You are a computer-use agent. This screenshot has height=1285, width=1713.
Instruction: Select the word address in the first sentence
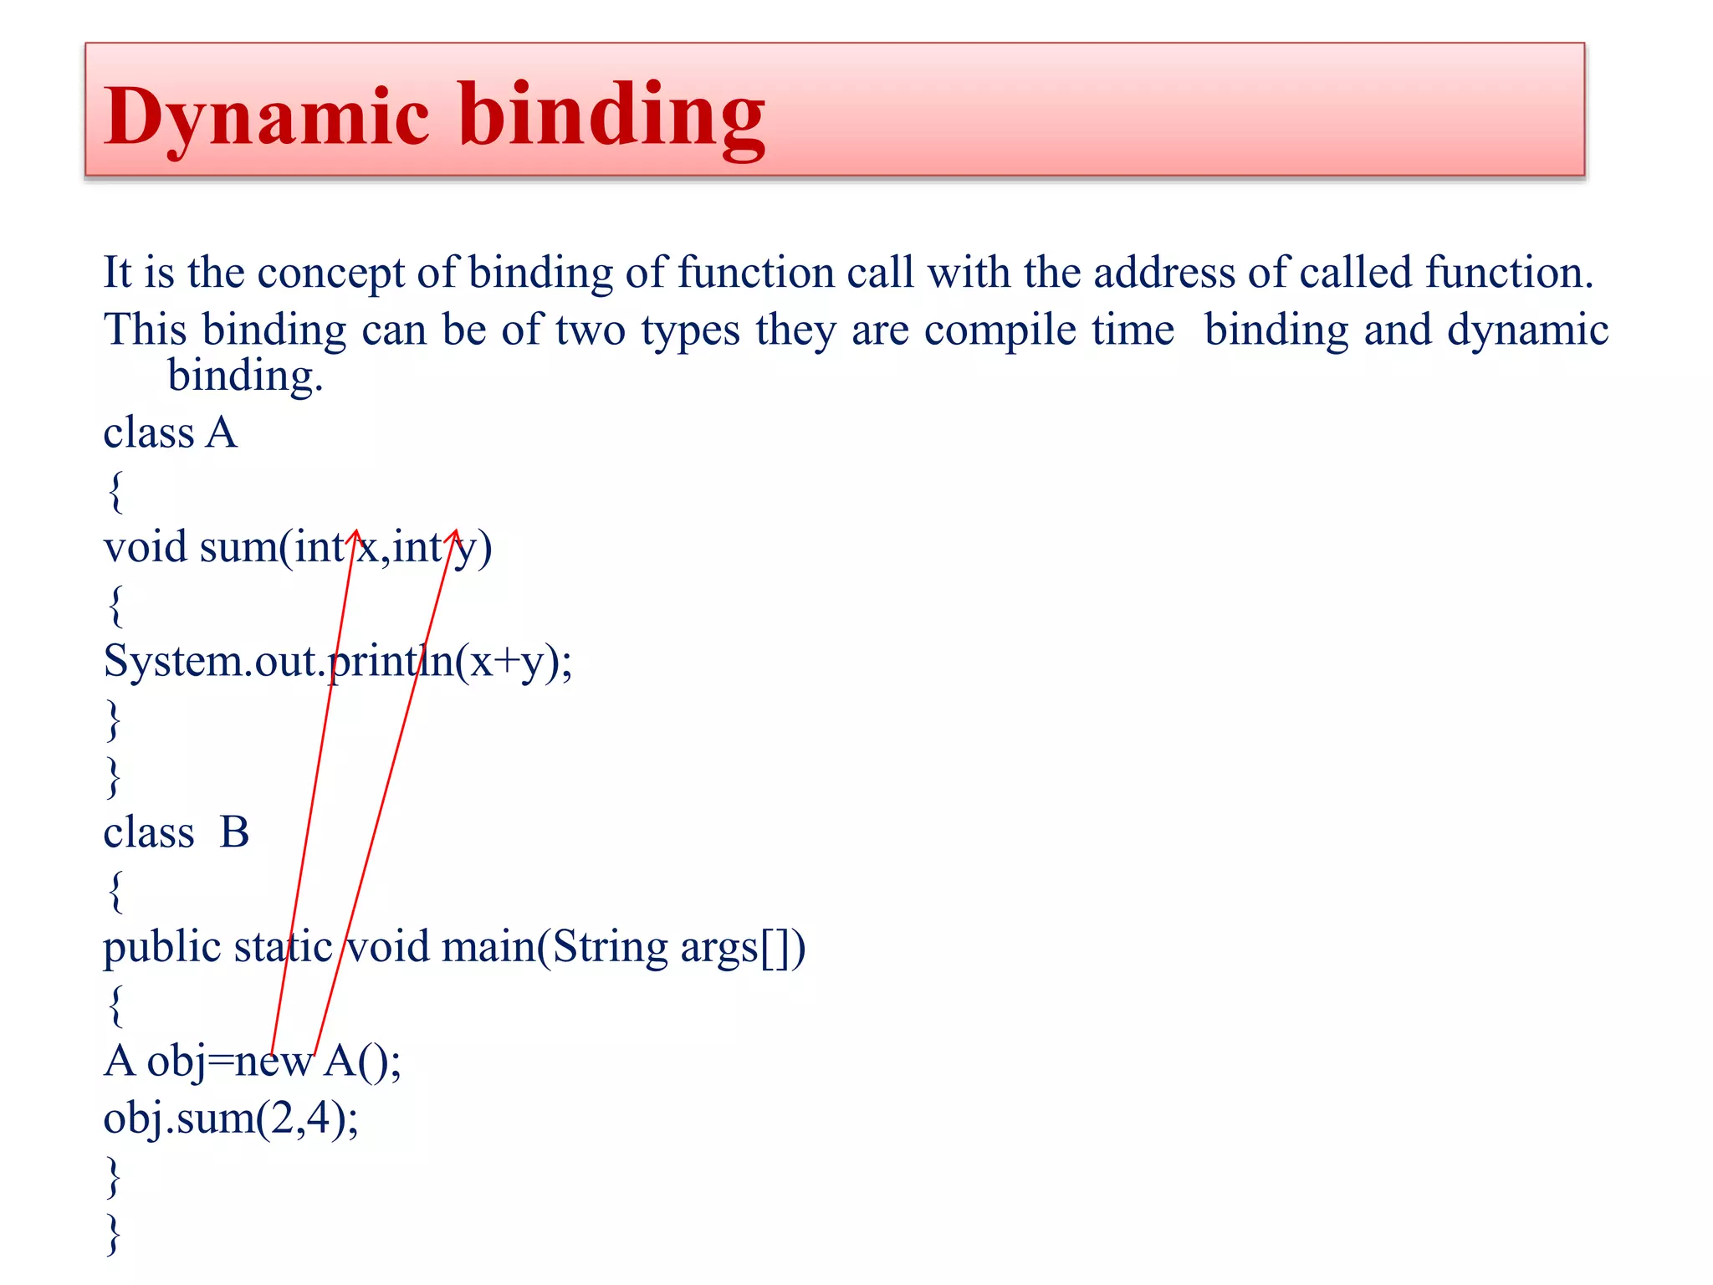[1163, 273]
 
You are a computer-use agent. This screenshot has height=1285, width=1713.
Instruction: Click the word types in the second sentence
[690, 330]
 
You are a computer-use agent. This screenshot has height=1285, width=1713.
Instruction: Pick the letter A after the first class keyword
[222, 433]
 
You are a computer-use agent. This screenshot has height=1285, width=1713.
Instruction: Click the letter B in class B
[234, 833]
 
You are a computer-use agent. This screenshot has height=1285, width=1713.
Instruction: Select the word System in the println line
[172, 662]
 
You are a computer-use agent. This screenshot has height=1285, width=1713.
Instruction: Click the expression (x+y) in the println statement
[507, 662]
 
